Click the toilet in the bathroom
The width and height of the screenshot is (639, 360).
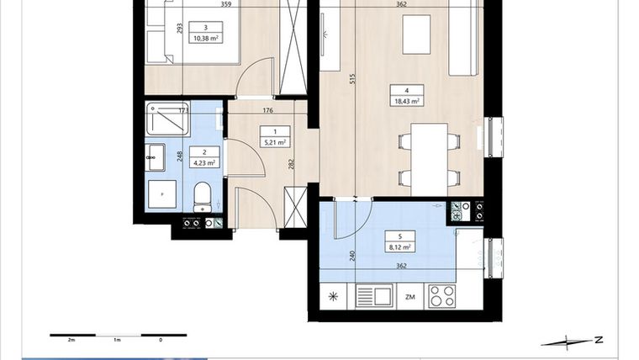click(203, 199)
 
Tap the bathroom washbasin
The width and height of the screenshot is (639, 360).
click(156, 156)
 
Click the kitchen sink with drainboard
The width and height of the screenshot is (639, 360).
click(373, 296)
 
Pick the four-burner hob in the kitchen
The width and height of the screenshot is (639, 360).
click(442, 296)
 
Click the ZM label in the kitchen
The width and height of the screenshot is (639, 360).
click(409, 297)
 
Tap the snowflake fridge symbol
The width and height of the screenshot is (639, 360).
click(334, 297)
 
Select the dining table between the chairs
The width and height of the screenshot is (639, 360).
click(429, 157)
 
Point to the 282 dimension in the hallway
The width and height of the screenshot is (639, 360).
click(291, 165)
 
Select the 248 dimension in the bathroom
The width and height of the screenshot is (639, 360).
click(180, 156)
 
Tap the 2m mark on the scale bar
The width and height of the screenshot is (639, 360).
click(71, 341)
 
